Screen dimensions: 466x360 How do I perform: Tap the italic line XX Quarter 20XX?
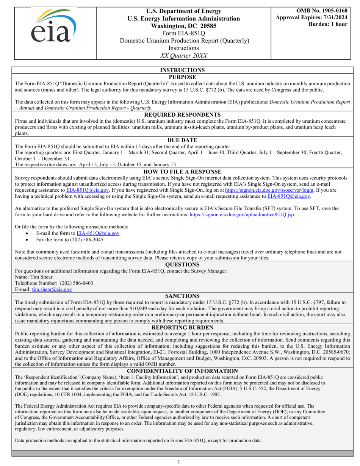point(184,55)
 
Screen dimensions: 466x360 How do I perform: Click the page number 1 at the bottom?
point(180,462)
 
